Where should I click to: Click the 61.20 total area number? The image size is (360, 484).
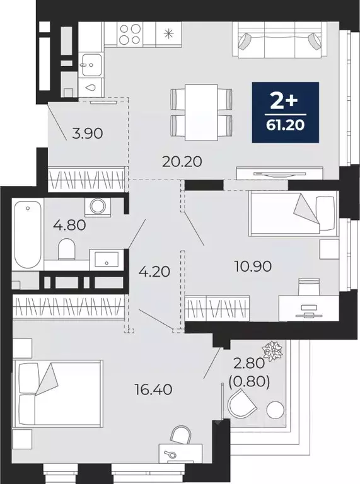(x=285, y=125)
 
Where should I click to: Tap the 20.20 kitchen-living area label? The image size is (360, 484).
(x=182, y=161)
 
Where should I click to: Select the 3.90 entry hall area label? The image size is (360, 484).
(x=88, y=134)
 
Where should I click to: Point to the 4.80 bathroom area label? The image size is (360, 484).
(x=69, y=226)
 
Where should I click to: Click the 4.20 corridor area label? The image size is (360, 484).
(x=154, y=272)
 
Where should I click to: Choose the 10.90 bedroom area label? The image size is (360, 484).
(x=253, y=266)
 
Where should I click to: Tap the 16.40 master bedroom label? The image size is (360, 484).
(x=153, y=390)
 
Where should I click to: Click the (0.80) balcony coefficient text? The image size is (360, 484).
(x=249, y=382)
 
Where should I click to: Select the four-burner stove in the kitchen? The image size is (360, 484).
(x=131, y=34)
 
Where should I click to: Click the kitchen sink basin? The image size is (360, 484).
(x=91, y=64)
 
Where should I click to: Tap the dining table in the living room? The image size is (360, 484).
(x=201, y=112)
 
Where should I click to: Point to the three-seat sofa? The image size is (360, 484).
(x=280, y=40)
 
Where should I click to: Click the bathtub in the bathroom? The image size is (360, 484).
(x=28, y=234)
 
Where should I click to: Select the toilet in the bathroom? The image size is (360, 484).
(x=67, y=249)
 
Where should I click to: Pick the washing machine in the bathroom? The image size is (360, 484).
(x=98, y=205)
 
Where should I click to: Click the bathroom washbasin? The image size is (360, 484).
(x=107, y=259)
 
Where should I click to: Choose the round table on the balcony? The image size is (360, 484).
(x=275, y=410)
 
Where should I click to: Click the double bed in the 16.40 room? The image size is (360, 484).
(x=57, y=394)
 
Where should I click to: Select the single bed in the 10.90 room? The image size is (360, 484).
(x=294, y=214)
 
